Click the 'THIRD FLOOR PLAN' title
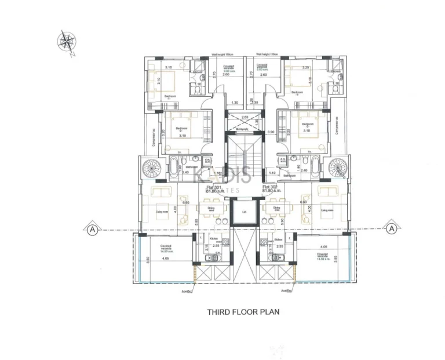(243, 311)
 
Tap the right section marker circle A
(392, 229)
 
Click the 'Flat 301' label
(214, 188)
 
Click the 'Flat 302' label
(271, 188)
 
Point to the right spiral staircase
(337, 168)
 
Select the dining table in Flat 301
(209, 212)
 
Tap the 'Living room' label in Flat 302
(327, 211)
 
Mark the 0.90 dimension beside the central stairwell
(270, 132)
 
